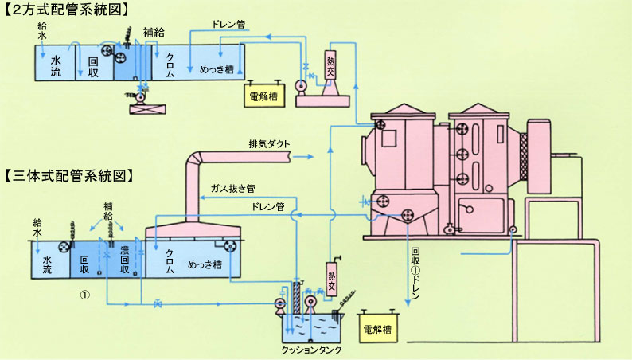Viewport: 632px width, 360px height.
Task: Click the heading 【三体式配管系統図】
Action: click(x=68, y=173)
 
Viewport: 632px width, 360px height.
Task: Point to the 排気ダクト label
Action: click(x=269, y=144)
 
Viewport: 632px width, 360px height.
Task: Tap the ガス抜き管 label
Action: click(x=232, y=190)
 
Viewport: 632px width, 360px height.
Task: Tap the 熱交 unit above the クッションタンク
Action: click(x=332, y=280)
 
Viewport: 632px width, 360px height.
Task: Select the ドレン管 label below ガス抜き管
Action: click(x=266, y=208)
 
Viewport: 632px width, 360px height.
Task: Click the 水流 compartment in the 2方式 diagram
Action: click(x=57, y=63)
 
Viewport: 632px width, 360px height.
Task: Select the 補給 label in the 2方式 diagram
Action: click(x=154, y=33)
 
